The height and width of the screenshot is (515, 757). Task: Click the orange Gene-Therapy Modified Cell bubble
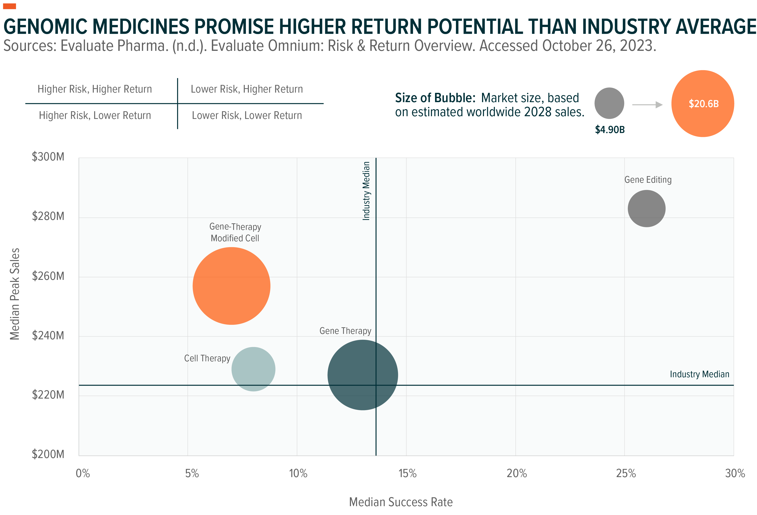pyautogui.click(x=231, y=286)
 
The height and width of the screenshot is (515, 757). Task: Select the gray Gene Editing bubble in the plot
pyautogui.click(x=646, y=208)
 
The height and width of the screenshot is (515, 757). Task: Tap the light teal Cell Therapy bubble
pyautogui.click(x=253, y=369)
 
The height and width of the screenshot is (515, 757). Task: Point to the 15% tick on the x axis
pyautogui.click(x=407, y=473)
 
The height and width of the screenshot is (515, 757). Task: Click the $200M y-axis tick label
pyautogui.click(x=48, y=454)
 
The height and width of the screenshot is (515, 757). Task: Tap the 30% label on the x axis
pyautogui.click(x=735, y=473)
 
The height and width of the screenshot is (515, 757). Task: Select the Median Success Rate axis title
pyautogui.click(x=401, y=502)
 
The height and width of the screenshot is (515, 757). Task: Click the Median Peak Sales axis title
pyautogui.click(x=15, y=294)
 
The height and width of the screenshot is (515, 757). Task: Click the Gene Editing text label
pyautogui.click(x=648, y=180)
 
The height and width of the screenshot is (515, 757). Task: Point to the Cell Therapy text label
pyautogui.click(x=207, y=358)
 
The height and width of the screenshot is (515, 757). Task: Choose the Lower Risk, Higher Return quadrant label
pyautogui.click(x=247, y=89)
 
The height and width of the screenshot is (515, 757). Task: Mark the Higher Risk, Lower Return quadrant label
pyautogui.click(x=95, y=115)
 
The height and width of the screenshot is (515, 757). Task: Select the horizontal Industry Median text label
pyautogui.click(x=699, y=374)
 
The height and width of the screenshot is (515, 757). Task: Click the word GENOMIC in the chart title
pyautogui.click(x=47, y=27)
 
